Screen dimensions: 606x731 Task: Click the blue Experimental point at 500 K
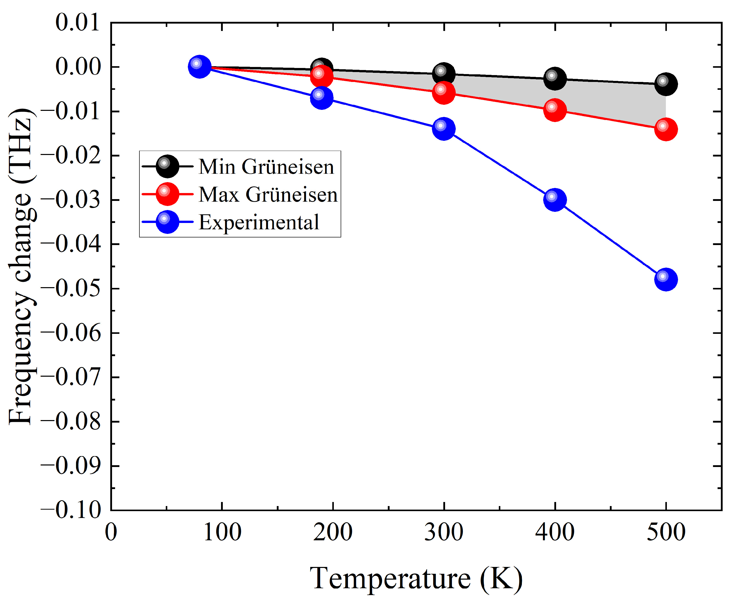(x=666, y=279)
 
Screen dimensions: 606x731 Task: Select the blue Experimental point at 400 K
(x=555, y=200)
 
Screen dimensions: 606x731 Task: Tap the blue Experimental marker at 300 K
(x=444, y=129)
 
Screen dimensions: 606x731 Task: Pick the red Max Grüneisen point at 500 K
(x=666, y=129)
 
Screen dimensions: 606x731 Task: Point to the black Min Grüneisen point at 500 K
(x=666, y=84)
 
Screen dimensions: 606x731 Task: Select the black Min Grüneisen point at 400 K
(x=555, y=78)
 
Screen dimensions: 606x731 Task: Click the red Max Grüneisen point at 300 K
(x=444, y=93)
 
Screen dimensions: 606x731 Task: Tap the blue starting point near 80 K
(x=199, y=66)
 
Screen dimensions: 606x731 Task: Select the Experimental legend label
(x=258, y=222)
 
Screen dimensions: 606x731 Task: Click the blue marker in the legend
(x=167, y=222)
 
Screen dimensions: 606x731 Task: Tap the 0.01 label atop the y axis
(x=77, y=23)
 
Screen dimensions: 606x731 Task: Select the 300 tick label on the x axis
(x=444, y=532)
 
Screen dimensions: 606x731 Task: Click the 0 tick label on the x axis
(x=111, y=532)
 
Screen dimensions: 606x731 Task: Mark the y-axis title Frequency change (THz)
(x=22, y=266)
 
